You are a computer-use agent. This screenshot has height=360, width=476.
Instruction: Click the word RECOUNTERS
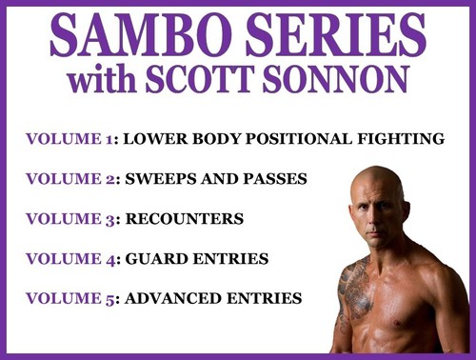pyautogui.click(x=181, y=219)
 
